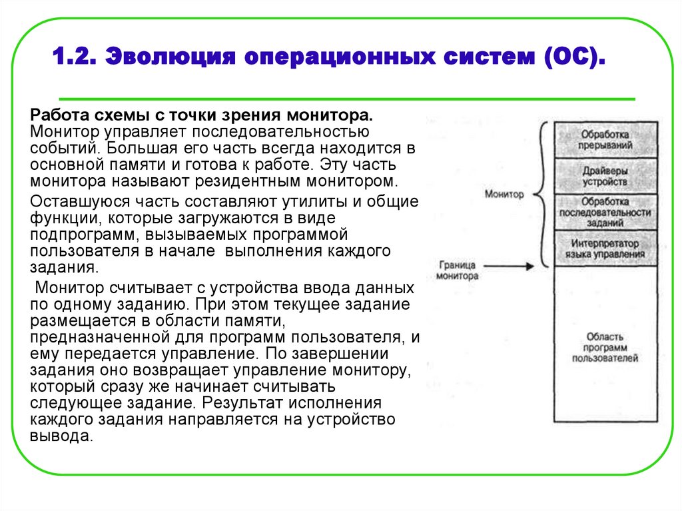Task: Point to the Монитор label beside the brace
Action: tap(504, 195)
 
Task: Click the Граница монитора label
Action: tap(458, 270)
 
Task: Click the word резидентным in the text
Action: tap(244, 181)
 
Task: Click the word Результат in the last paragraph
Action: tap(240, 403)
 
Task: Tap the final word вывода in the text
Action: tap(58, 436)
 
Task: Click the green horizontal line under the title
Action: tap(346, 99)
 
